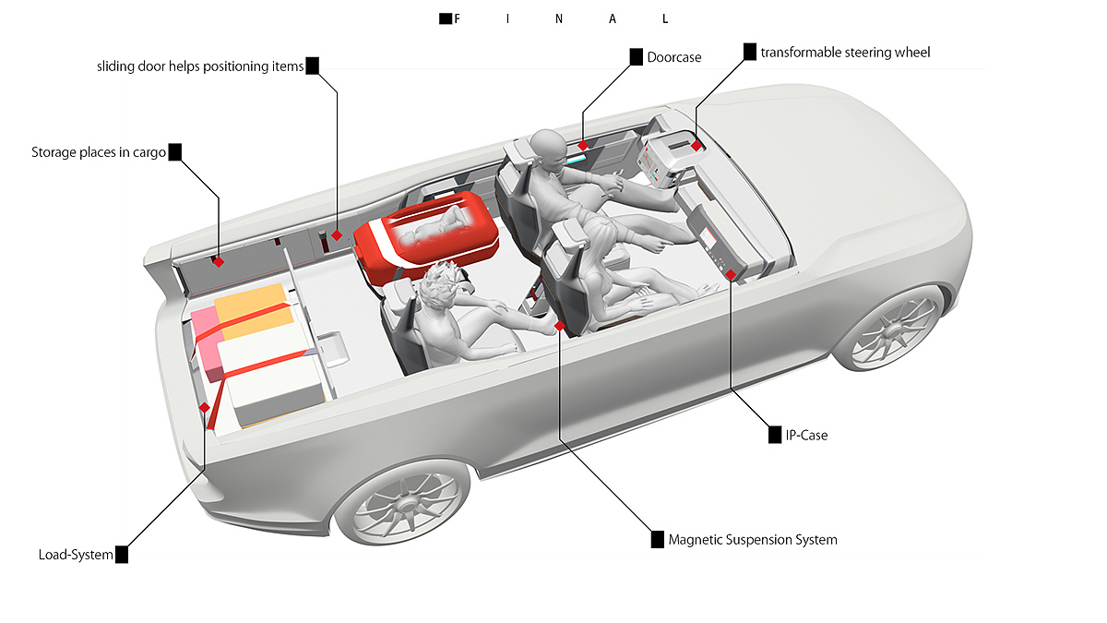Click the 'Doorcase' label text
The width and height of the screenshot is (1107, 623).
point(674,57)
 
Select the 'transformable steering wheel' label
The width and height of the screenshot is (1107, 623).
point(845,53)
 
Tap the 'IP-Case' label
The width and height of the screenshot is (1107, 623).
point(806,435)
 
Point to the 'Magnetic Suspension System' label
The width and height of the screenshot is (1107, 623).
point(753,539)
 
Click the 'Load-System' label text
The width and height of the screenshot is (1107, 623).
point(76,555)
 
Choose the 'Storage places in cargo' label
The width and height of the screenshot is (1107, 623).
point(99,152)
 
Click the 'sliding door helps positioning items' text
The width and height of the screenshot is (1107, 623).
point(200,66)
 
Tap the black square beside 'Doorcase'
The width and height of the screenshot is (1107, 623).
point(636,57)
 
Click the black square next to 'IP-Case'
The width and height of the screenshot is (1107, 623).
point(775,435)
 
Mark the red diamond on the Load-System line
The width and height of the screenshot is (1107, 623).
point(204,408)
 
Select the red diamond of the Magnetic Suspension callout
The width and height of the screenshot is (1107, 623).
point(559,326)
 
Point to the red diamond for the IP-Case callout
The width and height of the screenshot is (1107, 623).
point(731,274)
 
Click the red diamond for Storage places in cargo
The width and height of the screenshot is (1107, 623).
point(219,262)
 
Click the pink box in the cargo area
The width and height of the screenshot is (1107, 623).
point(206,341)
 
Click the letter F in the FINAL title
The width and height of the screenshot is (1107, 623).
point(458,18)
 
